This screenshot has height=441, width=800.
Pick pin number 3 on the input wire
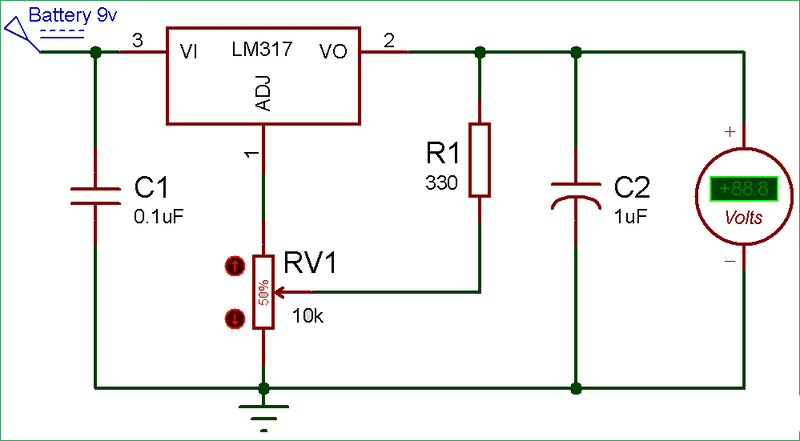pos(137,40)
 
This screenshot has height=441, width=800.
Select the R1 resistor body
pos(480,160)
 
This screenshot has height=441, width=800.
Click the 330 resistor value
pos(440,183)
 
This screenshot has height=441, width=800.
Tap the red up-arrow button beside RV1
pos(234,266)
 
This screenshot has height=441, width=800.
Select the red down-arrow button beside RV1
pos(234,318)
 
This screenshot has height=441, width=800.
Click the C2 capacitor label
pos(632,188)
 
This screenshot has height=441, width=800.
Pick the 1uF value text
pos(630,213)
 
